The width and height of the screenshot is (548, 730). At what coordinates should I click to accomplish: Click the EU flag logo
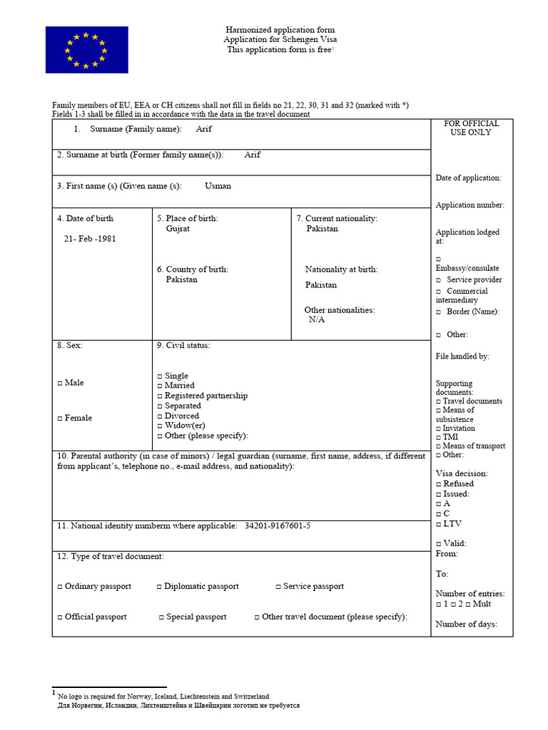pos(86,50)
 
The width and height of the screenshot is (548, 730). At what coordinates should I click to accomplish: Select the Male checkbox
pos(60,384)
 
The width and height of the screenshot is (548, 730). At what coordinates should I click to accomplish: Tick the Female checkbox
pos(60,418)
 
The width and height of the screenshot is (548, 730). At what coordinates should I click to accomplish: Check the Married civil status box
pos(160,386)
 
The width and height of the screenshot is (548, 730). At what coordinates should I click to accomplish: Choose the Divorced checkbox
pos(160,416)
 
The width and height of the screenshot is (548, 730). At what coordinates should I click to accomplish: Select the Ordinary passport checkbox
pos(60,587)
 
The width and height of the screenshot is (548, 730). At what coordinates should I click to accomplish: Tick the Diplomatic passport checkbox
pos(160,587)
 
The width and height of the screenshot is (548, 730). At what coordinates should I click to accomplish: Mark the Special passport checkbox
pos(161,617)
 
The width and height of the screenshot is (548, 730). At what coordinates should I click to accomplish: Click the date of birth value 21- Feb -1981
pos(90,239)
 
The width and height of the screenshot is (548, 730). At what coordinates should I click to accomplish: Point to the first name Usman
pos(218,186)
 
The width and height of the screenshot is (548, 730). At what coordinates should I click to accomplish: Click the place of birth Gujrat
pos(178,229)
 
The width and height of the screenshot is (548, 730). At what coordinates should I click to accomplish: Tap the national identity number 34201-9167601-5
pos(277,526)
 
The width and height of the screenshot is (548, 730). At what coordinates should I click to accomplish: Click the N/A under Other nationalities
pos(317,320)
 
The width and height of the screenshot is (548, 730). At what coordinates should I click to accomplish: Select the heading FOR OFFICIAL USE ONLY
pos(471,128)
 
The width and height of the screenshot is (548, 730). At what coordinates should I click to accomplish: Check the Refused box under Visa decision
pos(439,484)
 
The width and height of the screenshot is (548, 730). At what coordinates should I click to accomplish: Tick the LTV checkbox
pos(439,524)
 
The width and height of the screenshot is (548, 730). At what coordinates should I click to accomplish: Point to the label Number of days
pos(466,624)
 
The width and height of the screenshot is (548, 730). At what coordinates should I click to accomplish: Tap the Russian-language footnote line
pos(178,705)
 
